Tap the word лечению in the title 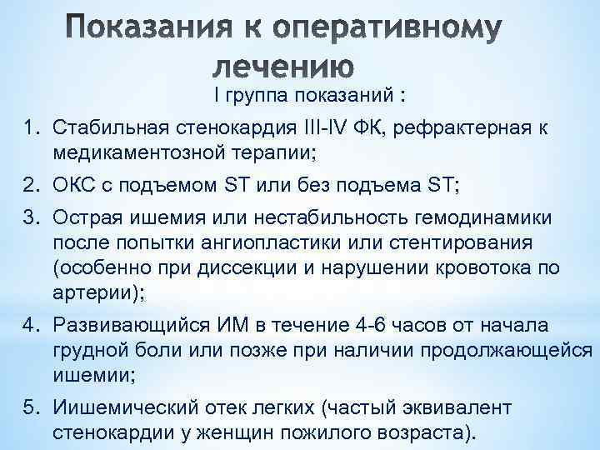(283, 67)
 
